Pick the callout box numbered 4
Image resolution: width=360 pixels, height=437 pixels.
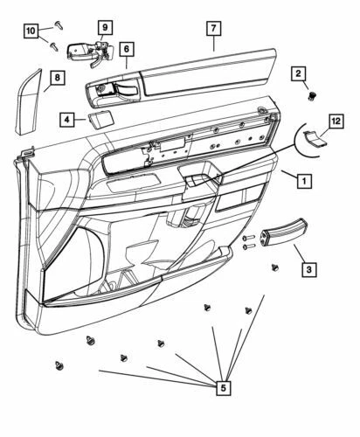tap(67, 118)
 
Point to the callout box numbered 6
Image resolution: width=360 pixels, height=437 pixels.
tap(126, 50)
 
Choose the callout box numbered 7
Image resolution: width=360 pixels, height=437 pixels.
tap(212, 28)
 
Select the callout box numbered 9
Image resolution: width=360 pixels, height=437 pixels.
tap(103, 27)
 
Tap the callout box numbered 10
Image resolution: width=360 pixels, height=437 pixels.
tap(30, 31)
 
